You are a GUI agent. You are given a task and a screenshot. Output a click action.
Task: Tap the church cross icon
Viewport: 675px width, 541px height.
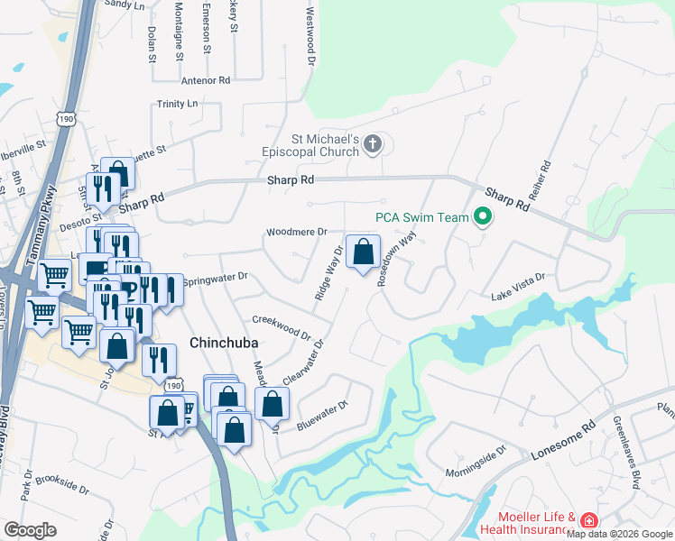(x=374, y=144)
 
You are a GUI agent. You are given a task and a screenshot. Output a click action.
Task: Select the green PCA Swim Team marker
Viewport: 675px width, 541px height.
(x=483, y=216)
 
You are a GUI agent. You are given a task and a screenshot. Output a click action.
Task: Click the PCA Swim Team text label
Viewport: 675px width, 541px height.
(x=422, y=217)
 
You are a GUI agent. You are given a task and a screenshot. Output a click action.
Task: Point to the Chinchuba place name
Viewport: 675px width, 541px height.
(x=225, y=343)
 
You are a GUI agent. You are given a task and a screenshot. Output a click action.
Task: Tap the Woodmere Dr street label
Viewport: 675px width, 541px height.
(x=296, y=233)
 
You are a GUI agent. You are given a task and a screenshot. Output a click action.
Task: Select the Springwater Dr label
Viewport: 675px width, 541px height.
(x=215, y=280)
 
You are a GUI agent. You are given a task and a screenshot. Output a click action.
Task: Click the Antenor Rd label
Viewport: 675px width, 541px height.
(x=206, y=80)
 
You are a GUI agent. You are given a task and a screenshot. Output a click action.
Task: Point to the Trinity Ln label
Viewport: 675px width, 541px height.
(x=177, y=105)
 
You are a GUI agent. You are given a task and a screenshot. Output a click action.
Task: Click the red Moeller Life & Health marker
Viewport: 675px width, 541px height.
(x=588, y=521)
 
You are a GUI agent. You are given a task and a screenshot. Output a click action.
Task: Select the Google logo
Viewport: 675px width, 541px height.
(x=31, y=530)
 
